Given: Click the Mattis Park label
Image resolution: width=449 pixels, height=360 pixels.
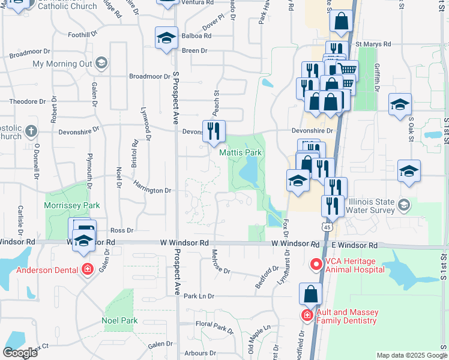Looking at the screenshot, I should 240,153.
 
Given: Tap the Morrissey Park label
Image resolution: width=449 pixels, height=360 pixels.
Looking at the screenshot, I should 72,205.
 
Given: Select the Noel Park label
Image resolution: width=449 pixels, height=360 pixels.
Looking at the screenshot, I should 119,320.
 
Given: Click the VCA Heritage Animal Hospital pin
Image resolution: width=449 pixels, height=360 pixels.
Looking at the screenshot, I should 315,264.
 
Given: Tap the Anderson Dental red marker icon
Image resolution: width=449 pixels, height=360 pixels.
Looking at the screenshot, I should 88,269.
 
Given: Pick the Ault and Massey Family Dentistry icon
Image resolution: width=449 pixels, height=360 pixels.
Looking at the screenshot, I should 307,315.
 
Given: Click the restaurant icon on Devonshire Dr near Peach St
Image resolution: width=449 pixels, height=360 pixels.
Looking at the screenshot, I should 213,131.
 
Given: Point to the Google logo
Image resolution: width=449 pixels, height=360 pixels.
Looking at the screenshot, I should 20,352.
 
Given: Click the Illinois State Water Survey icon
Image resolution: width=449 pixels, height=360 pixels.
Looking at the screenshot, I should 405,205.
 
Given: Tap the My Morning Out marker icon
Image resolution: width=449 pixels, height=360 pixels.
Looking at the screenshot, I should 101,63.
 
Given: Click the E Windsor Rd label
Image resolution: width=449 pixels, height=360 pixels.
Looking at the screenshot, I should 354,245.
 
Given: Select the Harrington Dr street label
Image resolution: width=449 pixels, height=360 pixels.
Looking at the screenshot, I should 152,190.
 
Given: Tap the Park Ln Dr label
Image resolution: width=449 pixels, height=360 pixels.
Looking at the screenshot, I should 199,296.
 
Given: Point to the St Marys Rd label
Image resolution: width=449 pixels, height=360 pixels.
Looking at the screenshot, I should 373,44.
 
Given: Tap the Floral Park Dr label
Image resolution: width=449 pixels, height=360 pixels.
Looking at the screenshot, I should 214,328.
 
